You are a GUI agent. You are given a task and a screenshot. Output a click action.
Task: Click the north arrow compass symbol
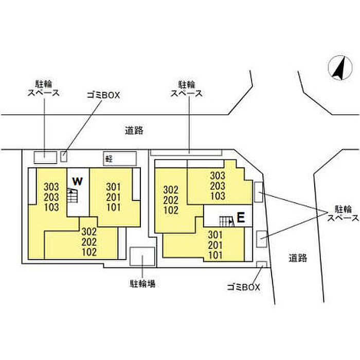click(x=340, y=68)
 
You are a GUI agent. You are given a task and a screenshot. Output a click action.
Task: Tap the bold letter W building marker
click(x=77, y=182)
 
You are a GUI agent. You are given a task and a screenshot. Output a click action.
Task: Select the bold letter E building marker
click(x=241, y=218)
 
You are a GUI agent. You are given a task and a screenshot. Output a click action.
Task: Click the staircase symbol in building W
click(x=73, y=195)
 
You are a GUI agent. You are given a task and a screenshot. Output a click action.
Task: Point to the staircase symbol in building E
click(x=227, y=222)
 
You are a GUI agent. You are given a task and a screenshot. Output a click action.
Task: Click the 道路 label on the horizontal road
click(x=134, y=131)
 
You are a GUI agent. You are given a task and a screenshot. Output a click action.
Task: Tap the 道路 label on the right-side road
click(x=298, y=258)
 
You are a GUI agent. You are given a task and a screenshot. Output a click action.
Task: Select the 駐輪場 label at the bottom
click(x=142, y=283)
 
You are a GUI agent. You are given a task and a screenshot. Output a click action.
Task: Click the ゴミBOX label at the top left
click(x=103, y=95)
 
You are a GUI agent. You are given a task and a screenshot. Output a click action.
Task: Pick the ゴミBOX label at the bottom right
click(x=243, y=287)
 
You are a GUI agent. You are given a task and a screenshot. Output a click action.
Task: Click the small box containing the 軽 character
click(x=120, y=158)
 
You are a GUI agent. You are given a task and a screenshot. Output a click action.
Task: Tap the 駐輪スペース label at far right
click(x=343, y=213)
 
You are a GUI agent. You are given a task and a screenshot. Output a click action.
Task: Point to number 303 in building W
click(x=51, y=187)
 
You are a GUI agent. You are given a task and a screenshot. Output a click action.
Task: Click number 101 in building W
click(x=114, y=207)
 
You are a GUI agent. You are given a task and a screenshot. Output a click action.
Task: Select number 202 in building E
click(x=171, y=200)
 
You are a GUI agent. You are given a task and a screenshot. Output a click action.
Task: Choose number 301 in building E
click(x=215, y=235)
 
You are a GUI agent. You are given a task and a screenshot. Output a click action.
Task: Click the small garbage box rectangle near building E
click(x=262, y=264)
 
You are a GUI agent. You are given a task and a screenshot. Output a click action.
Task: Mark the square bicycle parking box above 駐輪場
click(x=142, y=257)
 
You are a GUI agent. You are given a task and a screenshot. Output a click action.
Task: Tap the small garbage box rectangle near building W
click(x=64, y=156)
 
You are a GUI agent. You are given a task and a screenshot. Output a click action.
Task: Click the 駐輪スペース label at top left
click(x=44, y=88)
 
